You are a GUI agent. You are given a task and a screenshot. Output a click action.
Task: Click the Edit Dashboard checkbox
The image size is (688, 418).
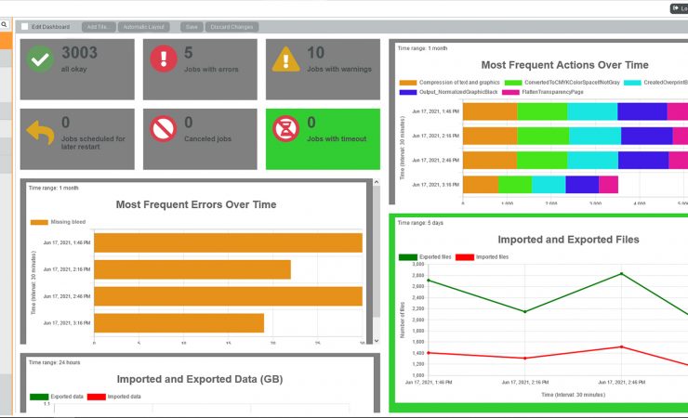[x=25, y=27]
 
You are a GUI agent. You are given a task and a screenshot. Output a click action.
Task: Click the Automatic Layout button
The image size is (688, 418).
[x=145, y=27]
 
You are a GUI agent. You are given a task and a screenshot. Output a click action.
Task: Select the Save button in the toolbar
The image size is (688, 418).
[x=192, y=27]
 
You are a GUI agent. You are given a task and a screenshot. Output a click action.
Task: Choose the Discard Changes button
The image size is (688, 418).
[x=232, y=27]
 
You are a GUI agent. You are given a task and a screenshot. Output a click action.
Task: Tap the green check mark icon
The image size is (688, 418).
[x=40, y=60]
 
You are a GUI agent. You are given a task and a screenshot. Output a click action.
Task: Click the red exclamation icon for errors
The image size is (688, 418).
[x=164, y=60]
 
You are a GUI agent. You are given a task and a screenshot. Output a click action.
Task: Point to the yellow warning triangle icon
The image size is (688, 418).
[x=285, y=60]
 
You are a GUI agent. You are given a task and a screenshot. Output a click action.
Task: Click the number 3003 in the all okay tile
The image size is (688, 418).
[x=79, y=54]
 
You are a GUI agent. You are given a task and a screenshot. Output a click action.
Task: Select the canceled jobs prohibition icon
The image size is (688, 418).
[x=164, y=129]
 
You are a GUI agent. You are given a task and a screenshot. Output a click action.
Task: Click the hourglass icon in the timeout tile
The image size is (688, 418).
[x=285, y=129]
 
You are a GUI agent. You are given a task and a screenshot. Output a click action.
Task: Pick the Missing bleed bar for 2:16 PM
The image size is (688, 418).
[x=192, y=269]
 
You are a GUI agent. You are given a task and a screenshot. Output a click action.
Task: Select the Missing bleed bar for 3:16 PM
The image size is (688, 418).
[x=179, y=323]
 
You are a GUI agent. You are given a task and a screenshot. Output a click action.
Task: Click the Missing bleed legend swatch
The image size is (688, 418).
[x=39, y=223]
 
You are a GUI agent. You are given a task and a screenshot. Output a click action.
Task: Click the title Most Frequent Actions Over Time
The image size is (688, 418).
[x=564, y=65]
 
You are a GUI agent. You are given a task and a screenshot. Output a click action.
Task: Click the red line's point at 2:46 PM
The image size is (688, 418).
[x=621, y=347]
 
